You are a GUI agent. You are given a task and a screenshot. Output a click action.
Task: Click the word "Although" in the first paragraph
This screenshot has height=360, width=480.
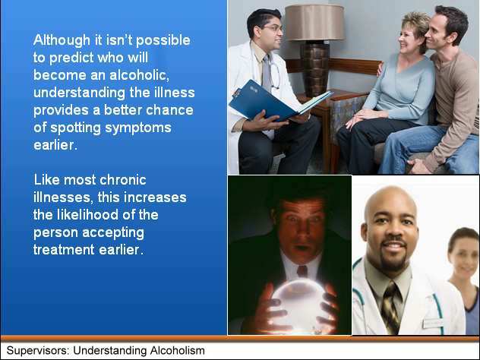(x=62, y=40)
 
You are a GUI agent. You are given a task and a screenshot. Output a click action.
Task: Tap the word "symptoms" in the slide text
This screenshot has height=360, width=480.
(x=138, y=128)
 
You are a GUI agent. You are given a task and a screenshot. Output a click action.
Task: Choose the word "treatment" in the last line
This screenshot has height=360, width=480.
(x=64, y=250)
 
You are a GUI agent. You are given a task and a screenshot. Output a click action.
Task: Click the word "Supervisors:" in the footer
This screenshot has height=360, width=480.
(x=38, y=351)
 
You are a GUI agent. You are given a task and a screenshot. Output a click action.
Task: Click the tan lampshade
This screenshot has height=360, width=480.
(x=314, y=23)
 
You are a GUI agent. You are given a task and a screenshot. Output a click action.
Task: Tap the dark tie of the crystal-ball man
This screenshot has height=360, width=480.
(x=302, y=271)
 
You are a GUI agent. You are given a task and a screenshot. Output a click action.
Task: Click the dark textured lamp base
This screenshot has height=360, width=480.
(x=315, y=69)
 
